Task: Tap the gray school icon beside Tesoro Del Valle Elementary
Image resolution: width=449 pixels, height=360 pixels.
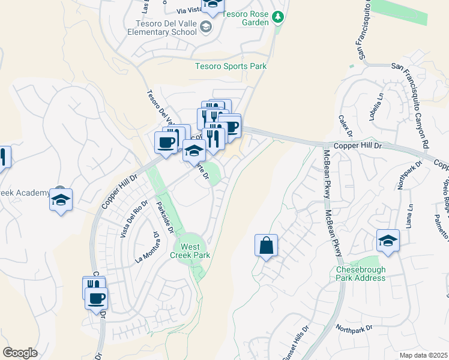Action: coord(206,26)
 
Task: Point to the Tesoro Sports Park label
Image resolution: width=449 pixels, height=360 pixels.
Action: coord(231,67)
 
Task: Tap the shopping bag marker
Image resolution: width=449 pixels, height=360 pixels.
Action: coord(265,245)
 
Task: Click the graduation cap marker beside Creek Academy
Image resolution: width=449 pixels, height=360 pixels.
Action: coord(61,200)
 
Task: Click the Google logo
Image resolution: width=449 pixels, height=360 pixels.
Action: coord(20,352)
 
